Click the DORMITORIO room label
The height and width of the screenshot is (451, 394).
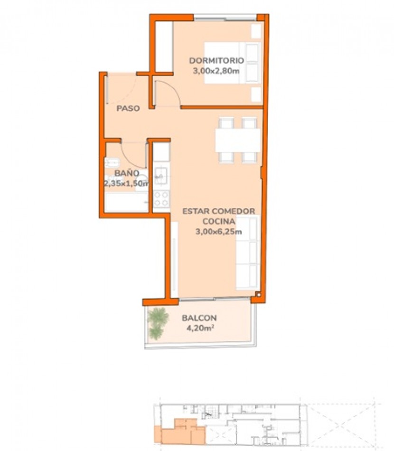[216, 61]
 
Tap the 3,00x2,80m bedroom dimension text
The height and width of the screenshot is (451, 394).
[216, 71]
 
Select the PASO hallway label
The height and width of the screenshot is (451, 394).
[128, 108]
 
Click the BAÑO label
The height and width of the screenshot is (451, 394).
[127, 173]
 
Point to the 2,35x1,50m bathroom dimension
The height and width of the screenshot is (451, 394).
[127, 183]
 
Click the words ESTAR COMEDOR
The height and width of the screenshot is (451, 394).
[219, 211]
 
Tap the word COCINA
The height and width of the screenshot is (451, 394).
[218, 222]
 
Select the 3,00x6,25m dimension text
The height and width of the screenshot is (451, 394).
[218, 232]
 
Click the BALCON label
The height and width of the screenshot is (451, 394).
[199, 318]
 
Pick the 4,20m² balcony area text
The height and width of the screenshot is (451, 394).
[201, 328]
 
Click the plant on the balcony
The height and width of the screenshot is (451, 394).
[157, 323]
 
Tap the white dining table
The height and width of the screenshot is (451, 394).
[238, 140]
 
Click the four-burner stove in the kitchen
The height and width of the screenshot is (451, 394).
[161, 199]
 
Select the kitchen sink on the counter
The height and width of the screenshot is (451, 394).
[160, 176]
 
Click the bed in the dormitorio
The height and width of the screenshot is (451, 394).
[233, 63]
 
